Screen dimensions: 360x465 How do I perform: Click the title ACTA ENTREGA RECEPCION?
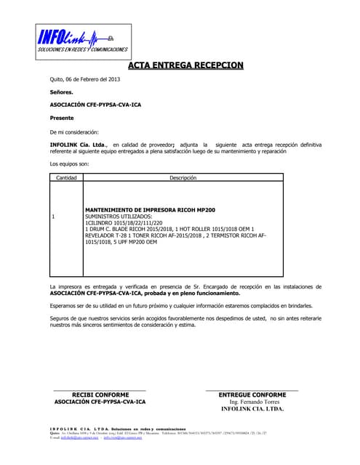coord(185,66)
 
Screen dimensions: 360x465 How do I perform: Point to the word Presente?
coord(62,118)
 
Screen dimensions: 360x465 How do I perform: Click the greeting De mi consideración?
coord(73,132)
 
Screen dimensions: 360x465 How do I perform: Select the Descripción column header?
coord(183,177)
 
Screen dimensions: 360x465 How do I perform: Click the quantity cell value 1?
coord(54,217)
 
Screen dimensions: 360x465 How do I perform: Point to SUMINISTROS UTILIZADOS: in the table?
coord(119,217)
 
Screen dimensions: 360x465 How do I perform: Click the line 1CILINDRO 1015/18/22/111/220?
coord(124,223)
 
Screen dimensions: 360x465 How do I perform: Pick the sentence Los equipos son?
coord(68,164)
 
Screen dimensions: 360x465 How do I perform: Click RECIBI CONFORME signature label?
coord(100,395)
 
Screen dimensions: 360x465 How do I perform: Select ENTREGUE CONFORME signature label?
coord(252,395)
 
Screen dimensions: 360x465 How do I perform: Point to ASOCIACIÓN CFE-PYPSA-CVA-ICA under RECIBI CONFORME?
coord(100,402)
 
